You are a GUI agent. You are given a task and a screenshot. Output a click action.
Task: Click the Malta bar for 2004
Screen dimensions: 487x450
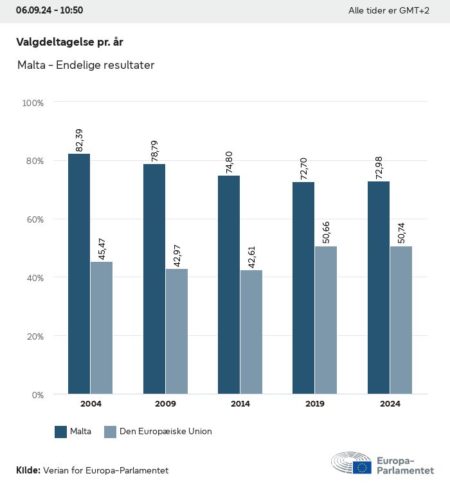(79, 273)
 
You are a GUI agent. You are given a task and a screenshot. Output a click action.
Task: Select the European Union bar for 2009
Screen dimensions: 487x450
(176, 331)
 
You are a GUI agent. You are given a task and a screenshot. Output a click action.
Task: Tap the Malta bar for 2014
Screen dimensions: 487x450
(229, 284)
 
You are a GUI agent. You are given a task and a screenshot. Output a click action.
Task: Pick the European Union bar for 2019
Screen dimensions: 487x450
(326, 320)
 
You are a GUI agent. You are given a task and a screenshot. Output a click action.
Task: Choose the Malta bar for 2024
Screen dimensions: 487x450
(379, 288)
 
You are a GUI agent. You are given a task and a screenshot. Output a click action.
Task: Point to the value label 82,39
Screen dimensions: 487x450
(80, 140)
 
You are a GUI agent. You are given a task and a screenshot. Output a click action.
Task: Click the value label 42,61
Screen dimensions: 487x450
(252, 256)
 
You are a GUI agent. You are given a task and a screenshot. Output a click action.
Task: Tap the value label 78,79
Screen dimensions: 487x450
(155, 151)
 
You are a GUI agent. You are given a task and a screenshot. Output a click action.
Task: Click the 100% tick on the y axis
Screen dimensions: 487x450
(33, 102)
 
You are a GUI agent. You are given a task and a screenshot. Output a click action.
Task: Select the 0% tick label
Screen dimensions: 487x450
(37, 394)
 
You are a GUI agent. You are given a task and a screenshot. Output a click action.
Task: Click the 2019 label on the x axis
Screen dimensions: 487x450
(315, 404)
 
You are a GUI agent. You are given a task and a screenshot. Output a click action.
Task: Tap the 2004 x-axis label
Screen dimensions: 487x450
(91, 404)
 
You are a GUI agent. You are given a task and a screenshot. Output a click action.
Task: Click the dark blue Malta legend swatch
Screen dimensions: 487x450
(61, 432)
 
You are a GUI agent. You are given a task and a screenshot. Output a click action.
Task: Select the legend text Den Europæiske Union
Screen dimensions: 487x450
(165, 432)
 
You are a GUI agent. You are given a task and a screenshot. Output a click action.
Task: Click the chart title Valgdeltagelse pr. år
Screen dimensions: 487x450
(69, 42)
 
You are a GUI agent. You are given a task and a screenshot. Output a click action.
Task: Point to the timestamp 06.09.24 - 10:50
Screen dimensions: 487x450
(50, 10)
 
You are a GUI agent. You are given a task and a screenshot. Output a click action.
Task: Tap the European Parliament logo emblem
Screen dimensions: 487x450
(351, 463)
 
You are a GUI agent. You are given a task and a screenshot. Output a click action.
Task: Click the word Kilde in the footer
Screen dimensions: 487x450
(28, 470)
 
